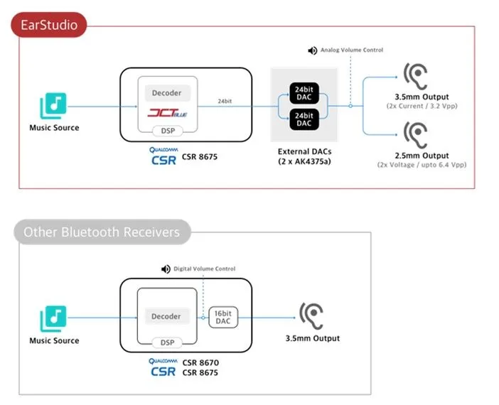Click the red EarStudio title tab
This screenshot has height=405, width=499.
pos(48,27)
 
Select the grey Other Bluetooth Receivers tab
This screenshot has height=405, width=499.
pos(101,232)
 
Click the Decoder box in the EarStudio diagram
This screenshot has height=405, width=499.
pos(167,92)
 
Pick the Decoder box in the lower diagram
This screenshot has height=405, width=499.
pos(166,316)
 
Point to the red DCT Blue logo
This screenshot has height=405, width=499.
pos(166,112)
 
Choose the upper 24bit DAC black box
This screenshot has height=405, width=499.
pos(304,92)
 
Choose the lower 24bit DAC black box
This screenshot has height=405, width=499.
pos(304,119)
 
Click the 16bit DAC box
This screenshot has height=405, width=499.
pos(222,316)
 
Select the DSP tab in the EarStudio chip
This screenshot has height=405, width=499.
pos(167,131)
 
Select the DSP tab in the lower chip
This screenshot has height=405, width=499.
pos(166,342)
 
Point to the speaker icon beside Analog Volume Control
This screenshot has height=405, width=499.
pos(312,50)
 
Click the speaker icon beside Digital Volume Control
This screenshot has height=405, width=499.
pos(166,269)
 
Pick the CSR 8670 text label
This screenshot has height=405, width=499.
pos(200,363)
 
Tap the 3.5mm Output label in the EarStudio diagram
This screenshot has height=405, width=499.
pos(422,97)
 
